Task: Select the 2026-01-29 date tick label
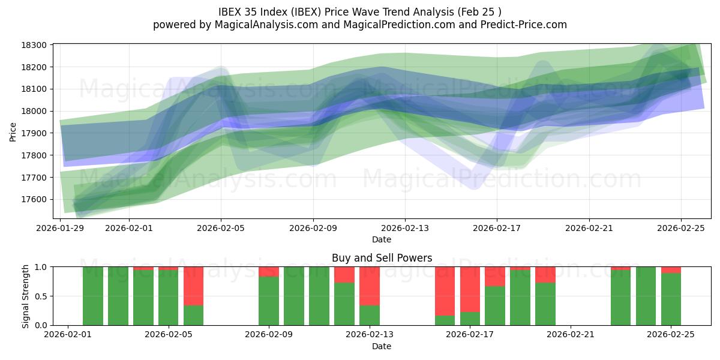tap(61, 228)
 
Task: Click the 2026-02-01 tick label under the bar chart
tap(68, 335)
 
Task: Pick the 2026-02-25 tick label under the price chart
tap(680, 228)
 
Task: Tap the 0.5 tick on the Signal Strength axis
tap(43, 296)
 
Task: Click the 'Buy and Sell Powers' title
tap(382, 259)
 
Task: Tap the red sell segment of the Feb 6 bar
tap(193, 286)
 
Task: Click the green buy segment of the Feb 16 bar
tap(445, 320)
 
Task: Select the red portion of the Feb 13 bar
tap(369, 286)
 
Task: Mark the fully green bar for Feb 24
tap(646, 296)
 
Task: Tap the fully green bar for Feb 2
tap(93, 296)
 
